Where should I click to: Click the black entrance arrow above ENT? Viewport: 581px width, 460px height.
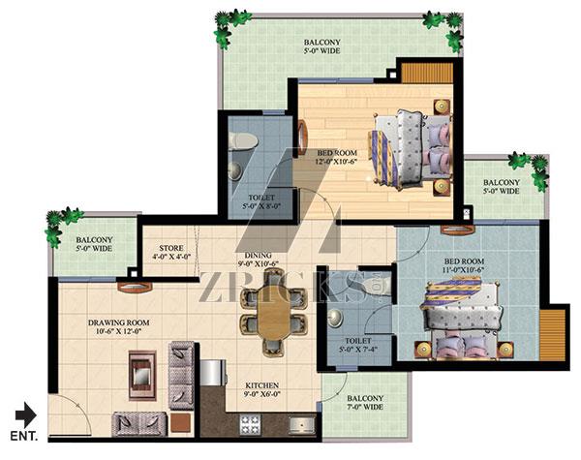(x=26, y=414)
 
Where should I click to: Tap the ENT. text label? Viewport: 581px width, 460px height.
(x=24, y=436)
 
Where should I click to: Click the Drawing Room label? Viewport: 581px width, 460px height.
(x=119, y=327)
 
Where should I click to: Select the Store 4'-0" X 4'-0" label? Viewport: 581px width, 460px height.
(x=171, y=252)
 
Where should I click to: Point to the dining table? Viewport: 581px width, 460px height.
(x=275, y=312)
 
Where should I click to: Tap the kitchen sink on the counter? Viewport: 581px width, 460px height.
(x=301, y=424)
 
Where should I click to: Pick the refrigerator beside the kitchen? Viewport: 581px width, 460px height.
(x=213, y=373)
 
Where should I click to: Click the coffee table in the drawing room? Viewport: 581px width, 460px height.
(x=142, y=375)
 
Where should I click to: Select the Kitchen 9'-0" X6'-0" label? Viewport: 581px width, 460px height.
(x=261, y=390)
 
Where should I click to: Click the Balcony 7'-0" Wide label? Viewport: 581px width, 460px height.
(x=365, y=403)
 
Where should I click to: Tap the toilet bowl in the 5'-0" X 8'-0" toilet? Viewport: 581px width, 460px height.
(x=243, y=141)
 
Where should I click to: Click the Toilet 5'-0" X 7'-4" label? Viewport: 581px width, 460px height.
(x=358, y=345)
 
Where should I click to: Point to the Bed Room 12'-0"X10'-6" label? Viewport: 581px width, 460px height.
(x=336, y=157)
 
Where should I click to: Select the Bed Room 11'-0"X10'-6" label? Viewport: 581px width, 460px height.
(x=464, y=265)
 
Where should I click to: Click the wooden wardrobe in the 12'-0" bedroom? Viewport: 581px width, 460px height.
(x=427, y=73)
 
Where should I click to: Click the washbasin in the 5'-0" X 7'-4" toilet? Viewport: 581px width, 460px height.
(x=335, y=318)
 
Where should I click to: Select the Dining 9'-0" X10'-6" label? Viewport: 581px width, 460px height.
(x=259, y=260)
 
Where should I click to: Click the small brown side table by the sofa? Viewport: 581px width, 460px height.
(x=180, y=422)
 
